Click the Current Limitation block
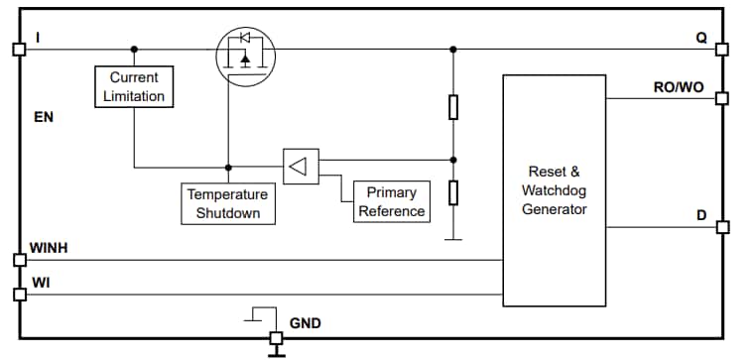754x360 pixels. (x=135, y=86)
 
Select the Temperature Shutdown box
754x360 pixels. (x=228, y=204)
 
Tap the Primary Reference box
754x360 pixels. (x=392, y=201)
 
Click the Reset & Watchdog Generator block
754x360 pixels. (x=555, y=190)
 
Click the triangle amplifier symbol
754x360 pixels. (x=300, y=166)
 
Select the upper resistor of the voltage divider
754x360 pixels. (x=453, y=107)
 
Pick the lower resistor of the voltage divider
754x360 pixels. (x=453, y=191)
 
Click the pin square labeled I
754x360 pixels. (x=17, y=49)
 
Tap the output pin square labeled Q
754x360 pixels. (x=722, y=49)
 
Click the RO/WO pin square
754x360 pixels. (x=722, y=99)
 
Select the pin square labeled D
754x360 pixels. (x=722, y=227)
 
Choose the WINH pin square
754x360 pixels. (x=18, y=260)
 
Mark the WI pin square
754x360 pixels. (x=18, y=295)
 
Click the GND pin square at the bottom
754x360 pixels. (x=276, y=339)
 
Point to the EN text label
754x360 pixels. (x=43, y=117)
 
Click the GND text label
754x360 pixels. (x=305, y=323)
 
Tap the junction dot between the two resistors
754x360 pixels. (x=453, y=159)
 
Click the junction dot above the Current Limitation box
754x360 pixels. (x=135, y=49)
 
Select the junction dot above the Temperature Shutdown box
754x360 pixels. (x=228, y=167)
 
